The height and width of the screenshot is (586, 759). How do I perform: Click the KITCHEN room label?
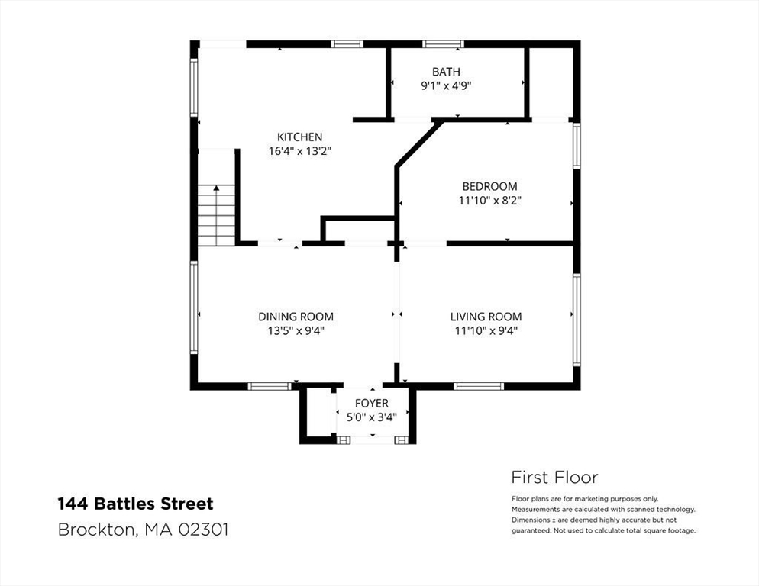click(x=299, y=137)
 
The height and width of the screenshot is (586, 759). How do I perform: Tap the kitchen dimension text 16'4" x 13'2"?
click(x=299, y=151)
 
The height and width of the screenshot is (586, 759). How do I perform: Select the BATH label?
click(x=446, y=72)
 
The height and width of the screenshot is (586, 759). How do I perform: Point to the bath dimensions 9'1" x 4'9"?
click(x=446, y=86)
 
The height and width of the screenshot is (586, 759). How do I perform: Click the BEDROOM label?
click(x=489, y=186)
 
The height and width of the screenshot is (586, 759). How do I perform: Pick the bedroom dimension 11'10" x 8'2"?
click(x=489, y=201)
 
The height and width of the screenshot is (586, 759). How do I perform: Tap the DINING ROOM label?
click(x=296, y=317)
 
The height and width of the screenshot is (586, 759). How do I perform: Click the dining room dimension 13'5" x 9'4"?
click(x=296, y=331)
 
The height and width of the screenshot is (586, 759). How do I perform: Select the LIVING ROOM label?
click(x=486, y=317)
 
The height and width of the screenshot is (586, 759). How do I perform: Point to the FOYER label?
click(x=372, y=403)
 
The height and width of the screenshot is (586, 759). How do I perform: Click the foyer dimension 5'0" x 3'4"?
click(x=372, y=417)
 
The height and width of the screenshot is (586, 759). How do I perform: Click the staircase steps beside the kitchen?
click(x=216, y=216)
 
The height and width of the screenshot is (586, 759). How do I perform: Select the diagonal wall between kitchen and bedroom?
click(x=418, y=144)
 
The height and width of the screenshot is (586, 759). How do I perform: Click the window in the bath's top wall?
click(x=443, y=44)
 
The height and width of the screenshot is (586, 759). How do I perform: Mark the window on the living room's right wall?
click(x=577, y=320)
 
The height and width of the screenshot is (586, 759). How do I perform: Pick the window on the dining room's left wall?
click(x=194, y=307)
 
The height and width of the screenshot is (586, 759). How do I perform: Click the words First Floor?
click(x=554, y=478)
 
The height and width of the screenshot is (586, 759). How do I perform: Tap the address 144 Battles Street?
click(x=136, y=504)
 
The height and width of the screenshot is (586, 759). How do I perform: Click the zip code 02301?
click(x=203, y=530)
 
